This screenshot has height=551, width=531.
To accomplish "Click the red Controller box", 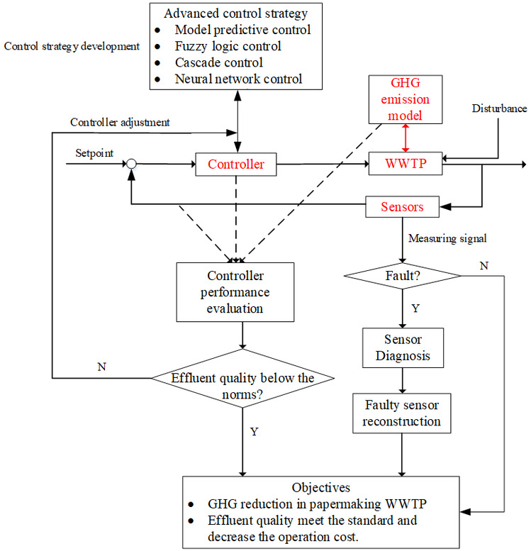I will (235, 165).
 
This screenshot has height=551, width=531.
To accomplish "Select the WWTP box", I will (406, 165).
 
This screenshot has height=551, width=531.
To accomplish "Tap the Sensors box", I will (403, 207).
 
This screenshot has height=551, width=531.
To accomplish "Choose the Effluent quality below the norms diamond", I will (243, 378).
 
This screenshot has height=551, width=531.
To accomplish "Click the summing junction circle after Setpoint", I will (131, 165).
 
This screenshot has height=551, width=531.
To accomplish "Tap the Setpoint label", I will (94, 153).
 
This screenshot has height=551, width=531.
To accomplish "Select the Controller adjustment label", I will (120, 122).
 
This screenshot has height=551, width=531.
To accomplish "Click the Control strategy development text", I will (72, 47).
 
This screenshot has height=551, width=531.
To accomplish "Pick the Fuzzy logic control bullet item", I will (228, 46).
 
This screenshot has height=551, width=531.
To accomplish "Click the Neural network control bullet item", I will (238, 78).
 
